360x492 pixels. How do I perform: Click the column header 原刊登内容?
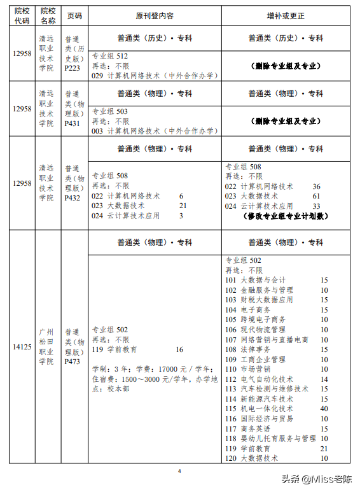click(x=154, y=15)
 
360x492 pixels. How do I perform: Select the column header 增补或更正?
click(x=285, y=15)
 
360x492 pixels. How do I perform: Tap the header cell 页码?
click(x=74, y=15)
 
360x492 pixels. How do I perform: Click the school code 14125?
click(x=22, y=348)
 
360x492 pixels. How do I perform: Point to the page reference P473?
click(x=73, y=362)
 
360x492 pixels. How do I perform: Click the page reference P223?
click(x=73, y=68)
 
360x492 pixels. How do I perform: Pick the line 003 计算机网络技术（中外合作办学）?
click(x=154, y=131)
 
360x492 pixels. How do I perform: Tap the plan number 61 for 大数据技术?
click(x=316, y=197)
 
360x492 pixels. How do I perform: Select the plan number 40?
click(x=324, y=409)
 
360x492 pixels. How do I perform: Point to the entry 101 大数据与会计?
click(x=256, y=280)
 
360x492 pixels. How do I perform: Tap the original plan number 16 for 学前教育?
click(x=179, y=349)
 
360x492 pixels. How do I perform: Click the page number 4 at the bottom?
click(x=180, y=471)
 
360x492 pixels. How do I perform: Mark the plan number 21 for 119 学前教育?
click(x=324, y=449)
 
